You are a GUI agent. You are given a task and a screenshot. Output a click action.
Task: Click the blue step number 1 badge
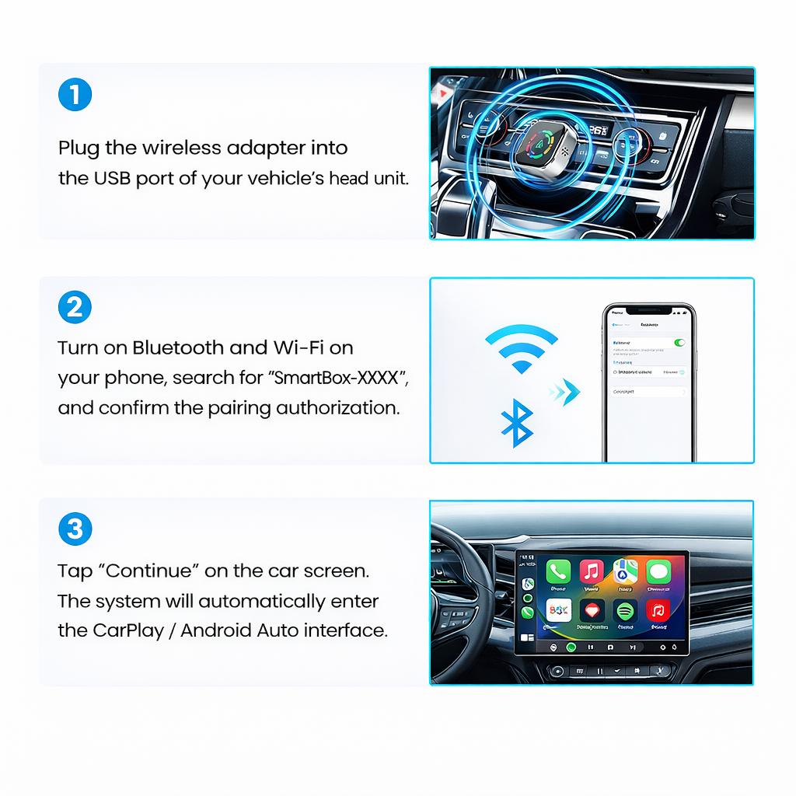pyautogui.click(x=75, y=95)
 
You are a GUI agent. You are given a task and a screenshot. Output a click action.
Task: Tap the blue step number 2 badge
pyautogui.click(x=75, y=308)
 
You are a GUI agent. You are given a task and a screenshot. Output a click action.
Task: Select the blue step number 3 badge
pyautogui.click(x=75, y=529)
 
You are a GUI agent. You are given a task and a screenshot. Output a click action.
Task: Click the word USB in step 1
pyautogui.click(x=112, y=178)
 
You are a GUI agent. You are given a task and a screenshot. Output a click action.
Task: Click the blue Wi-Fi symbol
pyautogui.click(x=521, y=348)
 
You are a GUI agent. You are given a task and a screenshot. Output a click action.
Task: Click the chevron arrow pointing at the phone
pyautogui.click(x=565, y=391)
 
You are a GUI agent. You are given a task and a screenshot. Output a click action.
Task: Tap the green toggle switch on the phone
pyautogui.click(x=679, y=342)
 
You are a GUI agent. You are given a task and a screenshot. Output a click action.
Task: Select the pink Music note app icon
pyautogui.click(x=592, y=572)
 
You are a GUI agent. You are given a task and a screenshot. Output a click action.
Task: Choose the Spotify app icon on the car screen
pyautogui.click(x=626, y=610)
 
